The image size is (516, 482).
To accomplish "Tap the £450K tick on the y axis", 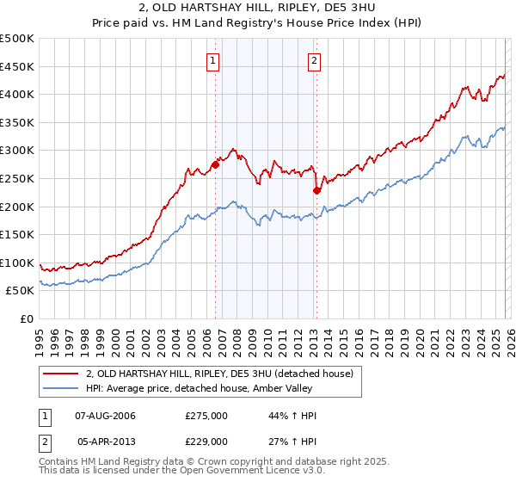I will point(17,66).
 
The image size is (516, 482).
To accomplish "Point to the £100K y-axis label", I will point(17,263).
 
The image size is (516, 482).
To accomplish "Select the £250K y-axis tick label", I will point(17,178).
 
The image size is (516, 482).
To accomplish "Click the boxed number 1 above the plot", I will point(212,60).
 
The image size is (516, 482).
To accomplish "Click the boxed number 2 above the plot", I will point(315,60).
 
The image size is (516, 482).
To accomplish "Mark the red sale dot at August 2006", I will point(215,165).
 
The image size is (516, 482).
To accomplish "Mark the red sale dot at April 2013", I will point(316,190).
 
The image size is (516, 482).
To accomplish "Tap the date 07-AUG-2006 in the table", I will point(106,416).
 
